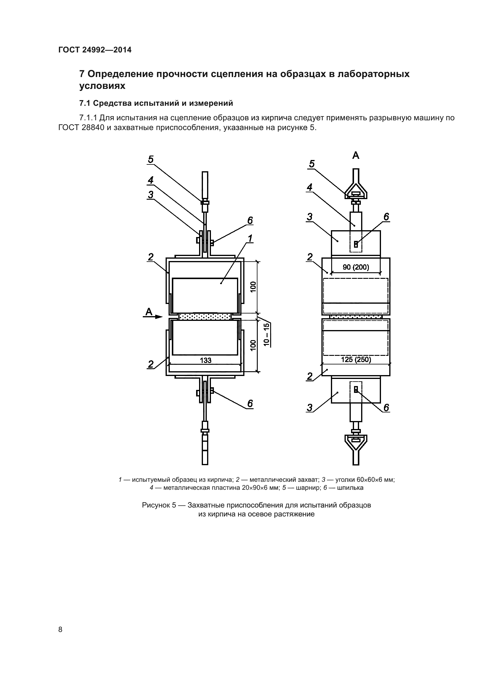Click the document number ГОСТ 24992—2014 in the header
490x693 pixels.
click(95, 50)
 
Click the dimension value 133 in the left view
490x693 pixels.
click(206, 360)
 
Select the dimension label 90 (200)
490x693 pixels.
click(356, 267)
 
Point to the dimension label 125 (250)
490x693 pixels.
click(356, 359)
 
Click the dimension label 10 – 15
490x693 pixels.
click(266, 335)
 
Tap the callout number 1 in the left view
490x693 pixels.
click(250, 239)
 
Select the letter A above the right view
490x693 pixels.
click(356, 156)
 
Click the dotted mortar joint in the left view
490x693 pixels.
click(205, 317)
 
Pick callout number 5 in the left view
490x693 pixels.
click(151, 159)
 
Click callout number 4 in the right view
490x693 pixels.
click(310, 188)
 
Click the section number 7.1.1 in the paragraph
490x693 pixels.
click(88, 118)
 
